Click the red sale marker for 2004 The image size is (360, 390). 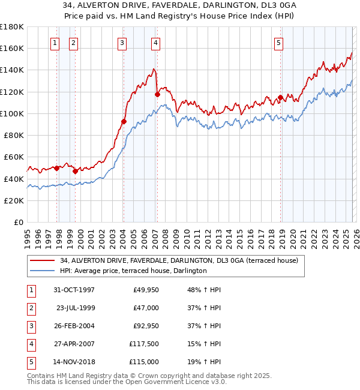tap(124, 121)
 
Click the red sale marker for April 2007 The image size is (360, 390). tap(157, 94)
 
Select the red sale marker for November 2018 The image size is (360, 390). tap(280, 97)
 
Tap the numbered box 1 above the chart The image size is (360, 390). tap(55, 43)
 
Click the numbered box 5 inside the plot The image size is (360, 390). tap(280, 43)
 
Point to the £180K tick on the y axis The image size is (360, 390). tap(12, 27)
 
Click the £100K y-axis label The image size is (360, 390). tap(12, 113)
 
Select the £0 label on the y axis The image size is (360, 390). tap(18, 222)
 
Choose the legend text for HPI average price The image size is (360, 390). tap(133, 271)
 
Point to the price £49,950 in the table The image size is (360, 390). tap(146, 290)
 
